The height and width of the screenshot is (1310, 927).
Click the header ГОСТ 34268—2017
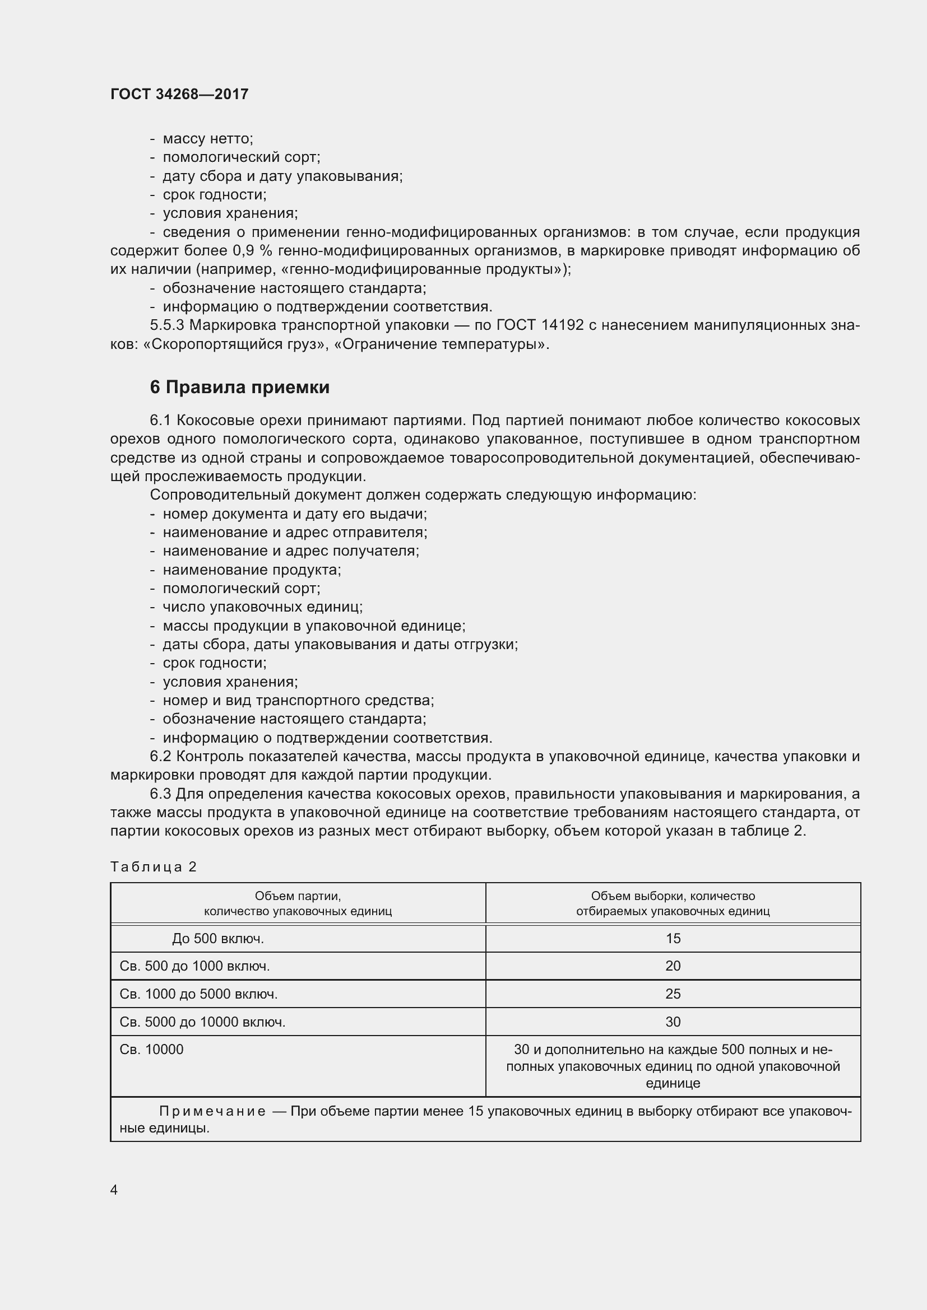pos(179,94)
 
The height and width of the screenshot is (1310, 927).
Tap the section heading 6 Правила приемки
pos(240,388)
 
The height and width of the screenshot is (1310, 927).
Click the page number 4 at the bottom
pos(114,1190)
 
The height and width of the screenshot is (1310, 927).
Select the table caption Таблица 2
pos(153,866)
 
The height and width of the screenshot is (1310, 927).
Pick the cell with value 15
pos(673,939)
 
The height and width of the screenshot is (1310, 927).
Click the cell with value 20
pos(673,966)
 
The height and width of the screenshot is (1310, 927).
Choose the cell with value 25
pos(673,994)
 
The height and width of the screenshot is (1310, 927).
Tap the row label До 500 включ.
pos(217,939)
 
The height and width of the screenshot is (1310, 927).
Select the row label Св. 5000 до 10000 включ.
pos(202,1022)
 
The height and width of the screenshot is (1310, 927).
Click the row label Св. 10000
pos(151,1049)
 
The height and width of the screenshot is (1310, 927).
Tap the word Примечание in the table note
pos(212,1111)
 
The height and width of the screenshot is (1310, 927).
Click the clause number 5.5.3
pos(166,325)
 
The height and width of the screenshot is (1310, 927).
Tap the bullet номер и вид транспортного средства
pos(298,700)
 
